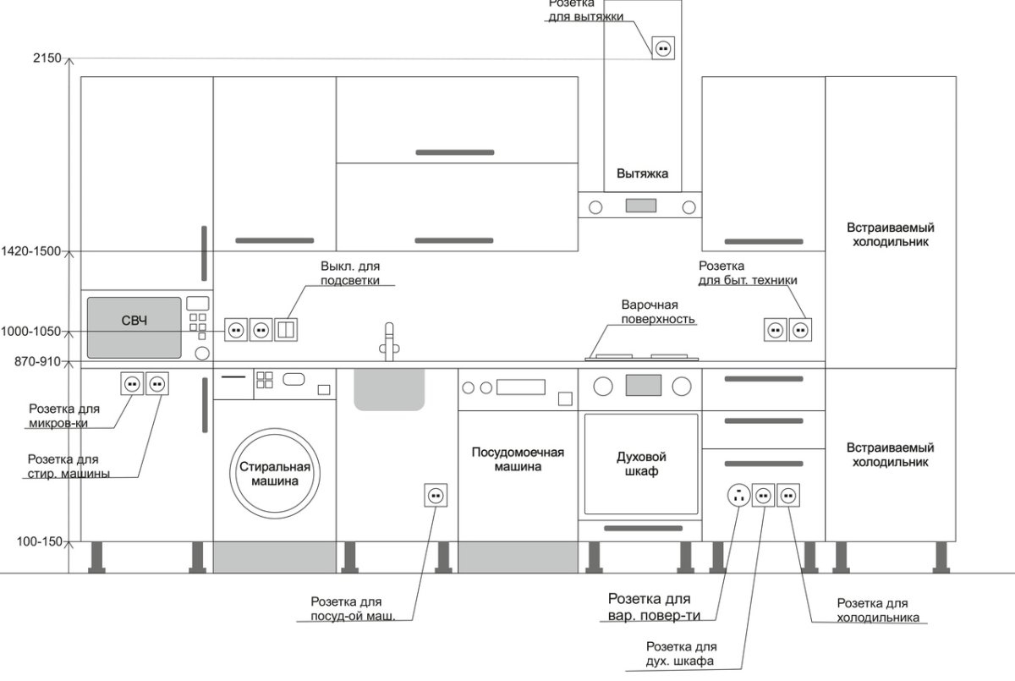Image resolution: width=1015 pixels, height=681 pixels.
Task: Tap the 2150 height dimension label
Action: click(47, 58)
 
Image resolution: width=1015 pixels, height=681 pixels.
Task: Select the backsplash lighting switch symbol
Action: click(287, 329)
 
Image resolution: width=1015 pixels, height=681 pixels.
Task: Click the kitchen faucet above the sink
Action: click(388, 340)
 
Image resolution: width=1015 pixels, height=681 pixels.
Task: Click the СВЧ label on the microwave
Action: click(134, 321)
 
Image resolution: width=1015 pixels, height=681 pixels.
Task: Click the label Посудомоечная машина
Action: click(518, 459)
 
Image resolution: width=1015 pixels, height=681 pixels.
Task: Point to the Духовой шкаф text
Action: click(638, 464)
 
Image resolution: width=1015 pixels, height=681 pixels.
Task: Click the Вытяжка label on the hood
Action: click(642, 174)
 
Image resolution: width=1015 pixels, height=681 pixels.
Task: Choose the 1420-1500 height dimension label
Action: click(31, 251)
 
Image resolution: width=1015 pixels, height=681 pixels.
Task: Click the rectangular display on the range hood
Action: click(641, 205)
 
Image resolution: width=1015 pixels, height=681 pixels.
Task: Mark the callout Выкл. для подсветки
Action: click(349, 273)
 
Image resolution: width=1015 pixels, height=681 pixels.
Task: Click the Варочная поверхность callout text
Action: click(658, 311)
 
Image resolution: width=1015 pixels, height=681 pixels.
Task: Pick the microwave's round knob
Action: click(203, 353)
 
